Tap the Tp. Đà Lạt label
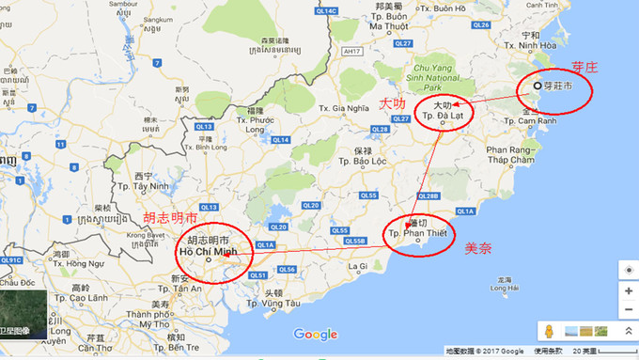[444, 115]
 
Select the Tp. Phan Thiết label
[418, 234]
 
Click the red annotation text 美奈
[480, 248]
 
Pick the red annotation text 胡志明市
[169, 217]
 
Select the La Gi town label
[358, 266]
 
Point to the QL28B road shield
[428, 196]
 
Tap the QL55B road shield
[353, 241]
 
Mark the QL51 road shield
[258, 274]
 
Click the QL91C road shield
[11, 259]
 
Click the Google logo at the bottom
[315, 335]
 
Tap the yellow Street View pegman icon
[549, 332]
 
